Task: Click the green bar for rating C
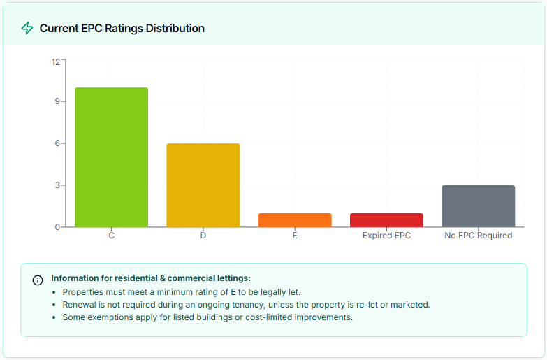point(111,157)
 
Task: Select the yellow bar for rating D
point(203,185)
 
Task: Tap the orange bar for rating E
point(295,220)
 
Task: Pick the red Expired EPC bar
point(386,220)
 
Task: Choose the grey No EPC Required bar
point(479,206)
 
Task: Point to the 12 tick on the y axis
point(55,61)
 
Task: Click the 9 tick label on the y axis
point(57,101)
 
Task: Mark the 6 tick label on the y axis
point(57,143)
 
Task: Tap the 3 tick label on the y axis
point(57,185)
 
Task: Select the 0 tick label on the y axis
point(57,227)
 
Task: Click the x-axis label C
point(111,236)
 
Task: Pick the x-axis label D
point(203,236)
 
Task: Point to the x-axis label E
point(295,236)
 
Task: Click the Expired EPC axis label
point(386,236)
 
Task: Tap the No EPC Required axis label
point(479,236)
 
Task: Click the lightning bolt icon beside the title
point(27,28)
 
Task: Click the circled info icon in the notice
point(38,280)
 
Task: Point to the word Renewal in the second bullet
point(80,305)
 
